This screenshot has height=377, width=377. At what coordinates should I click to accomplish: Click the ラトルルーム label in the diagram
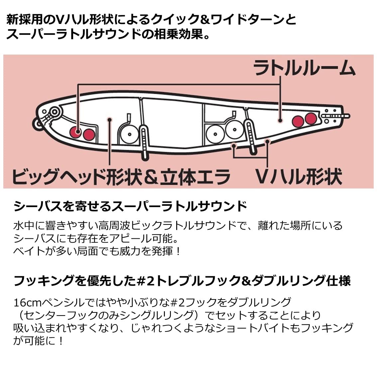pyautogui.click(x=304, y=68)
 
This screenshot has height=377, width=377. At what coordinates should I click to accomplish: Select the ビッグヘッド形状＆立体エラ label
pyautogui.click(x=121, y=176)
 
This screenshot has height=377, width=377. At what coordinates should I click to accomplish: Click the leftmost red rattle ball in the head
pyautogui.click(x=76, y=132)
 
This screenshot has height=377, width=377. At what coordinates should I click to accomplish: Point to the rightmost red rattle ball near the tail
pyautogui.click(x=311, y=118)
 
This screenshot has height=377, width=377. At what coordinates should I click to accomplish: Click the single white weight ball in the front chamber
pyautogui.click(x=129, y=135)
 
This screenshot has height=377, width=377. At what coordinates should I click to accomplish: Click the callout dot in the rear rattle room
pyautogui.click(x=280, y=120)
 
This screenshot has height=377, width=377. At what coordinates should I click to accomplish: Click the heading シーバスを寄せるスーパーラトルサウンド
pyautogui.click(x=130, y=206)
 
